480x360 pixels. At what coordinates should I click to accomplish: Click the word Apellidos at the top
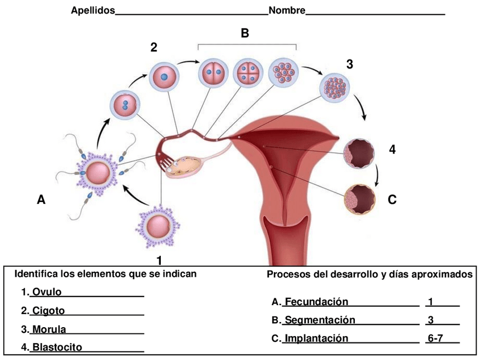[93, 10]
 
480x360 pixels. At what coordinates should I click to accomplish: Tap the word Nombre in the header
[287, 10]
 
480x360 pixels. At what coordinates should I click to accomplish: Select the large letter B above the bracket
[245, 33]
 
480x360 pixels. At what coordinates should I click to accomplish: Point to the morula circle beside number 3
[337, 88]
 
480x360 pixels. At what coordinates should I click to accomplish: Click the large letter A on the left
[41, 199]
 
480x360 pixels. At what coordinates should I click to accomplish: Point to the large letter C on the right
[392, 199]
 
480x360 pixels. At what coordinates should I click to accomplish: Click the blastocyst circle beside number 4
[359, 153]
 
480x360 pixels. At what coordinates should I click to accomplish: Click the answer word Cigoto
[48, 310]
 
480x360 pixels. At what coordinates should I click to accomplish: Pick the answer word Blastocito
[57, 346]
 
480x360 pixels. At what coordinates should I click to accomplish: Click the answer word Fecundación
[316, 301]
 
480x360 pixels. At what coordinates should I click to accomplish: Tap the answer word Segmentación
[320, 320]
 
